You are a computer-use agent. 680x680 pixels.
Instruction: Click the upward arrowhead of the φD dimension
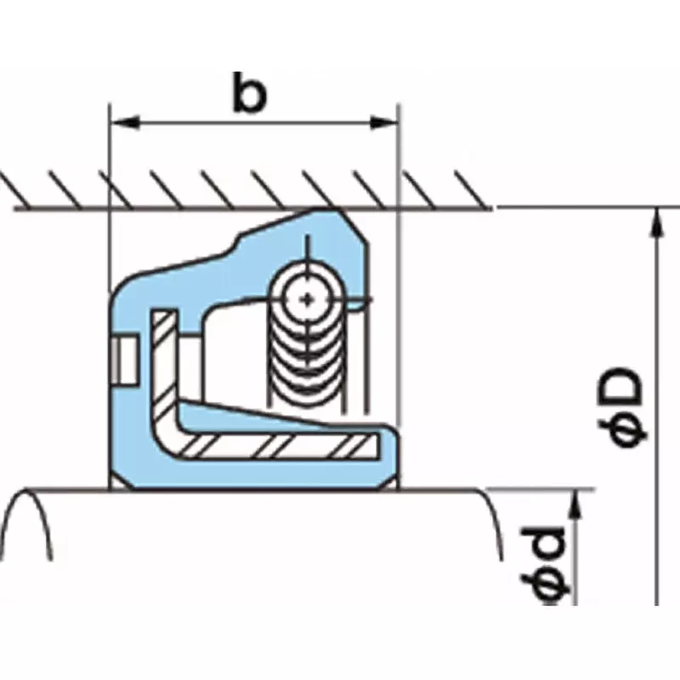click(x=656, y=221)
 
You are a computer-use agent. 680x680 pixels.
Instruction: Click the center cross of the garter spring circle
click(x=307, y=297)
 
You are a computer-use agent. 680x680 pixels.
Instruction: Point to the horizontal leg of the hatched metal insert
click(x=280, y=444)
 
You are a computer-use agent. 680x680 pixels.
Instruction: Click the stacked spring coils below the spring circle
click(x=307, y=365)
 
